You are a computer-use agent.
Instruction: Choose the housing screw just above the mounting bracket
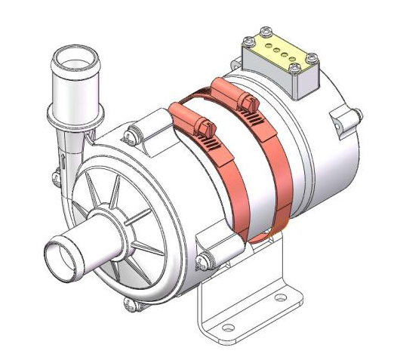203,261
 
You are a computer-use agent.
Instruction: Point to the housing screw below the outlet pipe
56,179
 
